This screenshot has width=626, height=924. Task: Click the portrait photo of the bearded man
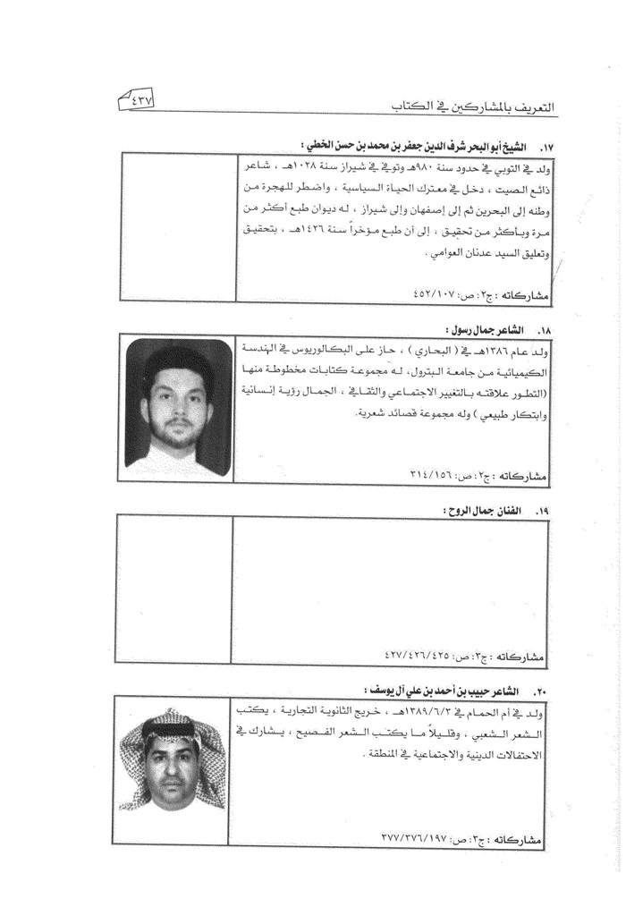pyautogui.click(x=178, y=408)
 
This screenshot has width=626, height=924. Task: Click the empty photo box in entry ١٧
pyautogui.click(x=179, y=226)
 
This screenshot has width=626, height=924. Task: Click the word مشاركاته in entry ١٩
pyautogui.click(x=521, y=657)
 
